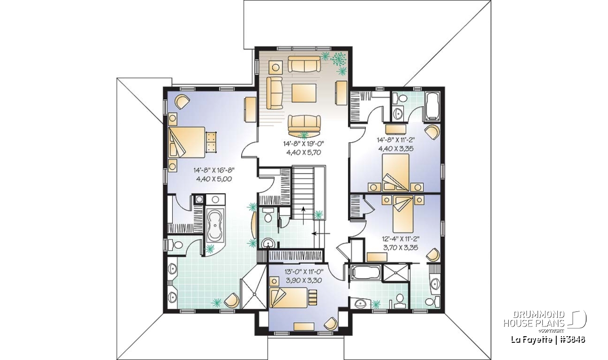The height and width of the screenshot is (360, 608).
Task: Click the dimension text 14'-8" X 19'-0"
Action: click(303, 143)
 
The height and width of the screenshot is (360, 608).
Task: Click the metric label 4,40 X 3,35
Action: click(396, 149)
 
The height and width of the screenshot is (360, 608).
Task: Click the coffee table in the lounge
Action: click(304, 93)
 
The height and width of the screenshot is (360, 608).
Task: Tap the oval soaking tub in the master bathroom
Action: click(214, 225)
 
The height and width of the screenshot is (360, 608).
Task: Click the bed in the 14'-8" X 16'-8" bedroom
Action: click(186, 142)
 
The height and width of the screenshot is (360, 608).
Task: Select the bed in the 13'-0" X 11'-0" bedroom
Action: click(288, 298)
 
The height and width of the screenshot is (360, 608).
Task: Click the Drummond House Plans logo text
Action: click(534, 319)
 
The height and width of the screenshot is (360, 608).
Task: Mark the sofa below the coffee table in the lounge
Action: click(305, 124)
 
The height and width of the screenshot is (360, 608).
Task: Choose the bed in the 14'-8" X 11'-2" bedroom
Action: click(396, 173)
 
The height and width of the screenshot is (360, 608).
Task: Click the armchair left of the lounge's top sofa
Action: click(276, 67)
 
